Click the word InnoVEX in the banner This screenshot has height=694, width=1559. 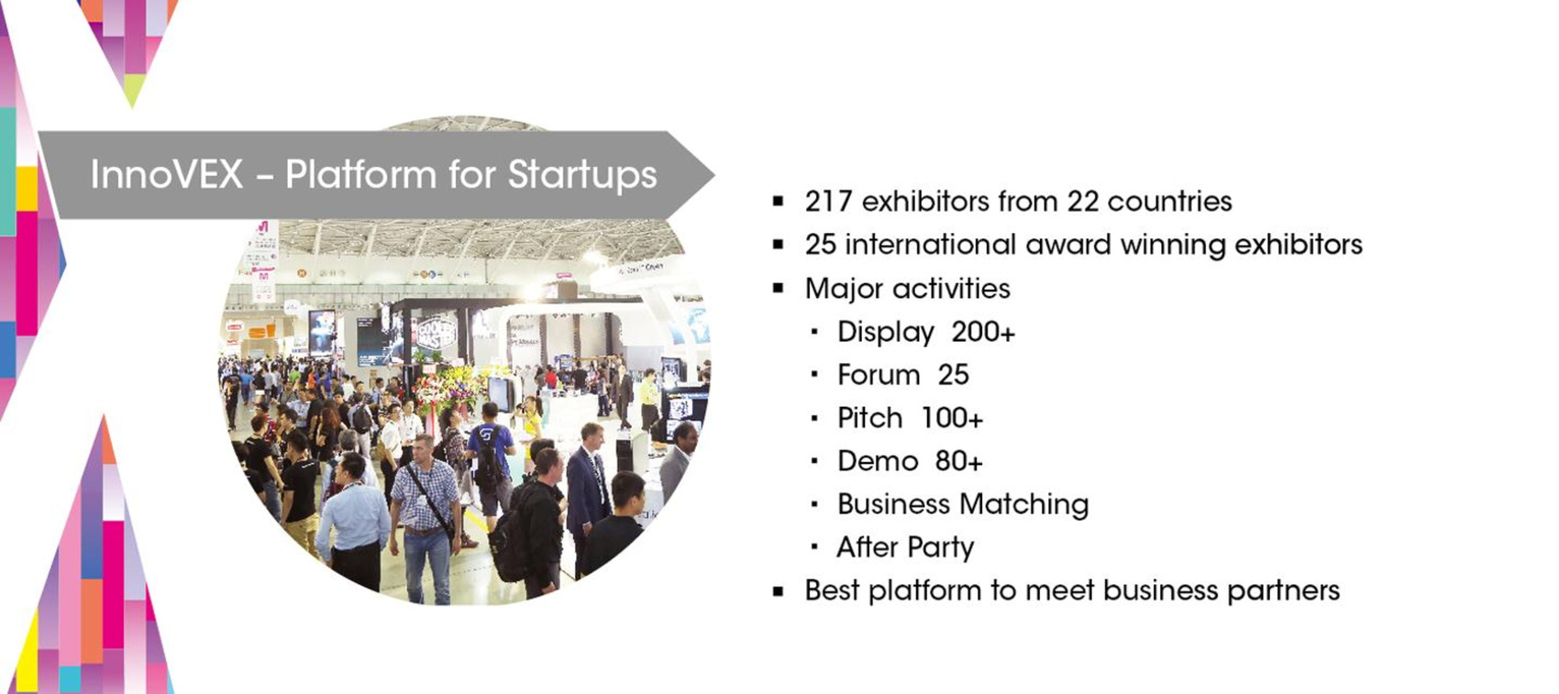(x=166, y=174)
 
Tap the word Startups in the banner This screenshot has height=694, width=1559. (x=582, y=176)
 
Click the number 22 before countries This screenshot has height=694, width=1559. (x=1082, y=202)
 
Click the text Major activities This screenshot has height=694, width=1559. (x=908, y=289)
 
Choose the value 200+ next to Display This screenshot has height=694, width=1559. (x=983, y=332)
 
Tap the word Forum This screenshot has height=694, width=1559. (x=879, y=375)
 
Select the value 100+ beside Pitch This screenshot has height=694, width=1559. (x=952, y=418)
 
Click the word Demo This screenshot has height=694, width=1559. (x=878, y=461)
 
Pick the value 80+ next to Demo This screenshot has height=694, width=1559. (x=959, y=461)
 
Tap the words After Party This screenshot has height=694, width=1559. (x=905, y=548)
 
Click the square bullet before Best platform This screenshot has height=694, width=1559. (x=778, y=591)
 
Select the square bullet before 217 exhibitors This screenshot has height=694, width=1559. (x=778, y=202)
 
